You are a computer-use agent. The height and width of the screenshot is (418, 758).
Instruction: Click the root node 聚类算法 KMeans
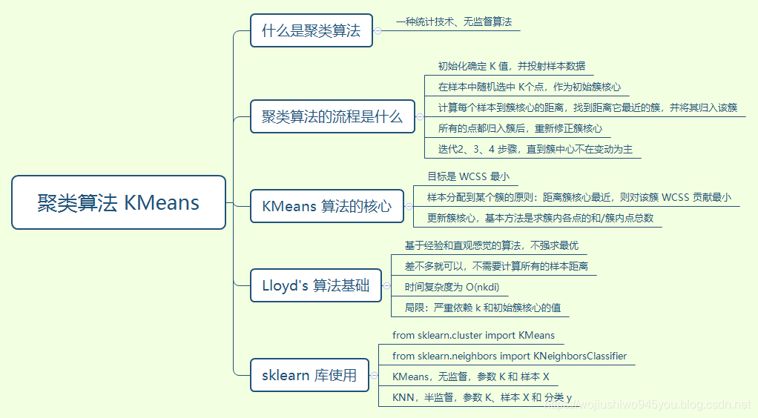(119, 202)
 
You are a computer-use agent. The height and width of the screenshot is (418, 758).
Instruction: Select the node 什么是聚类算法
(311, 30)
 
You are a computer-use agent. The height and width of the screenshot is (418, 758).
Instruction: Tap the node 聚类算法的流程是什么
(332, 116)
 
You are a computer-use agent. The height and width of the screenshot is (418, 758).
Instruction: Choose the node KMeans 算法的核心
(326, 206)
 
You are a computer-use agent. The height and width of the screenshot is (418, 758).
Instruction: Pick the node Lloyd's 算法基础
(315, 285)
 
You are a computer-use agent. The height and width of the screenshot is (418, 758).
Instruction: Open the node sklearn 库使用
(309, 375)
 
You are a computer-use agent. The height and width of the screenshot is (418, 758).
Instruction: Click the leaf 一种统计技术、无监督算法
(453, 22)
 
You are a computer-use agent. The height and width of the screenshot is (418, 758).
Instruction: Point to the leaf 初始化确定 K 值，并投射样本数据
(511, 66)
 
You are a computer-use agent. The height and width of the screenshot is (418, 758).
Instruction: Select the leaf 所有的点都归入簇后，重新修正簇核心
(520, 128)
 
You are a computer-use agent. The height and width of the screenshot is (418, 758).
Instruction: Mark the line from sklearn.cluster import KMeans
(473, 336)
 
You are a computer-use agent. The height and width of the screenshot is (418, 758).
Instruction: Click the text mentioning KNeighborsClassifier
(510, 356)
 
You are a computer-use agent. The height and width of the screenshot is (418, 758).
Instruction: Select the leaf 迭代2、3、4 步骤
(535, 149)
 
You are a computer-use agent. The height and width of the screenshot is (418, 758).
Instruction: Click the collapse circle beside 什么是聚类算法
(378, 30)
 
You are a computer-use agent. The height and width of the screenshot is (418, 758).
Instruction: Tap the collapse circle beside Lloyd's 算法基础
(386, 285)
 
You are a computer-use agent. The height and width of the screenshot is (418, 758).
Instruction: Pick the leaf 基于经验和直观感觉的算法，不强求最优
(491, 245)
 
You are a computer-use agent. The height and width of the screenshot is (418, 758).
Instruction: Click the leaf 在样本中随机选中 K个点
(529, 87)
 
